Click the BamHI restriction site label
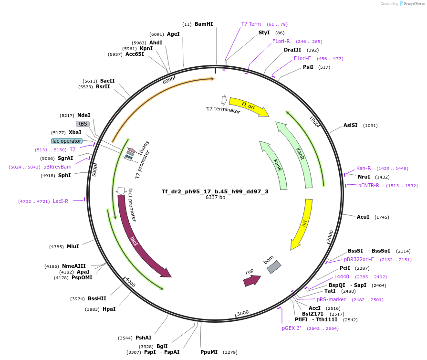coord(204,24)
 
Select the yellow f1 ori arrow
coord(249,106)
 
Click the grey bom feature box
coord(274,267)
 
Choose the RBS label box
coord(82,124)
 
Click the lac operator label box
coord(67,141)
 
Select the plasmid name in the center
coord(215,191)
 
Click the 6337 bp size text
coord(215,197)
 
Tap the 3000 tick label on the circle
coord(243,313)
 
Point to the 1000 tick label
coord(314,121)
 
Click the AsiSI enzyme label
coord(350,125)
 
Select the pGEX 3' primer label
coord(291,328)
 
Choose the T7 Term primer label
coord(251,24)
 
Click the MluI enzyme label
coord(73,246)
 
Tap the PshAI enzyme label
coord(143,338)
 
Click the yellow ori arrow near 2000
coord(302,223)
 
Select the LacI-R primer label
coord(61,201)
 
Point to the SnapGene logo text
coord(414,3)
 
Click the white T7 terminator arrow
coord(224,100)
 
